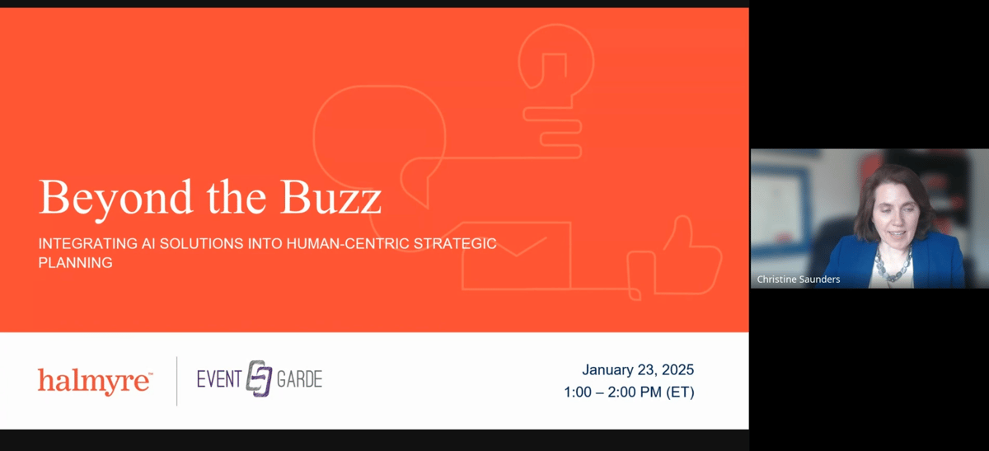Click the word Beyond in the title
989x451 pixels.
pyautogui.click(x=115, y=200)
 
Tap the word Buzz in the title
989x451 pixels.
pyautogui.click(x=330, y=197)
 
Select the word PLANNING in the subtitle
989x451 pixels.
pyautogui.click(x=76, y=263)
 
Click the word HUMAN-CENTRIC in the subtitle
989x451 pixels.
pyautogui.click(x=348, y=243)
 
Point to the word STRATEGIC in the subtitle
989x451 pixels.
pyautogui.click(x=455, y=243)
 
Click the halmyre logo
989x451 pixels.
pyautogui.click(x=95, y=381)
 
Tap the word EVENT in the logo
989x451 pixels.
pyautogui.click(x=219, y=379)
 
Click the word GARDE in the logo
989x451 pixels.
pyautogui.click(x=299, y=379)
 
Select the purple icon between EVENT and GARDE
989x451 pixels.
pyautogui.click(x=259, y=378)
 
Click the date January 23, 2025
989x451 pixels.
pyautogui.click(x=638, y=369)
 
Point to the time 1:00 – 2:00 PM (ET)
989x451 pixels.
pyautogui.click(x=629, y=392)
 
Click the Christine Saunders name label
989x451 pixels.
pyautogui.click(x=799, y=280)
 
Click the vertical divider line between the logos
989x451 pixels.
pyautogui.click(x=177, y=381)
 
